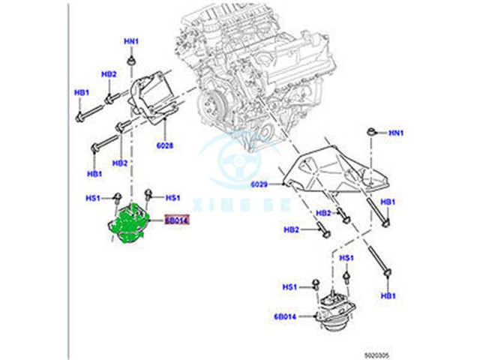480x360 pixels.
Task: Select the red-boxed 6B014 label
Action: [x=177, y=220]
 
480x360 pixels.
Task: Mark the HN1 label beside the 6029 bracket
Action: [x=395, y=133]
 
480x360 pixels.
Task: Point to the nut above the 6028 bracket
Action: [x=132, y=60]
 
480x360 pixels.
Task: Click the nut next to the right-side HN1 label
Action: [x=372, y=133]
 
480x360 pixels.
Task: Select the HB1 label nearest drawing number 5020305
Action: [x=388, y=296]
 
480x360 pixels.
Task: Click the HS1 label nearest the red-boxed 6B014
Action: [x=172, y=197]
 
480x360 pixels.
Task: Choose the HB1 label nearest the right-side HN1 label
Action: [x=387, y=202]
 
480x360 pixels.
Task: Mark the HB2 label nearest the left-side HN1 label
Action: [x=109, y=74]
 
